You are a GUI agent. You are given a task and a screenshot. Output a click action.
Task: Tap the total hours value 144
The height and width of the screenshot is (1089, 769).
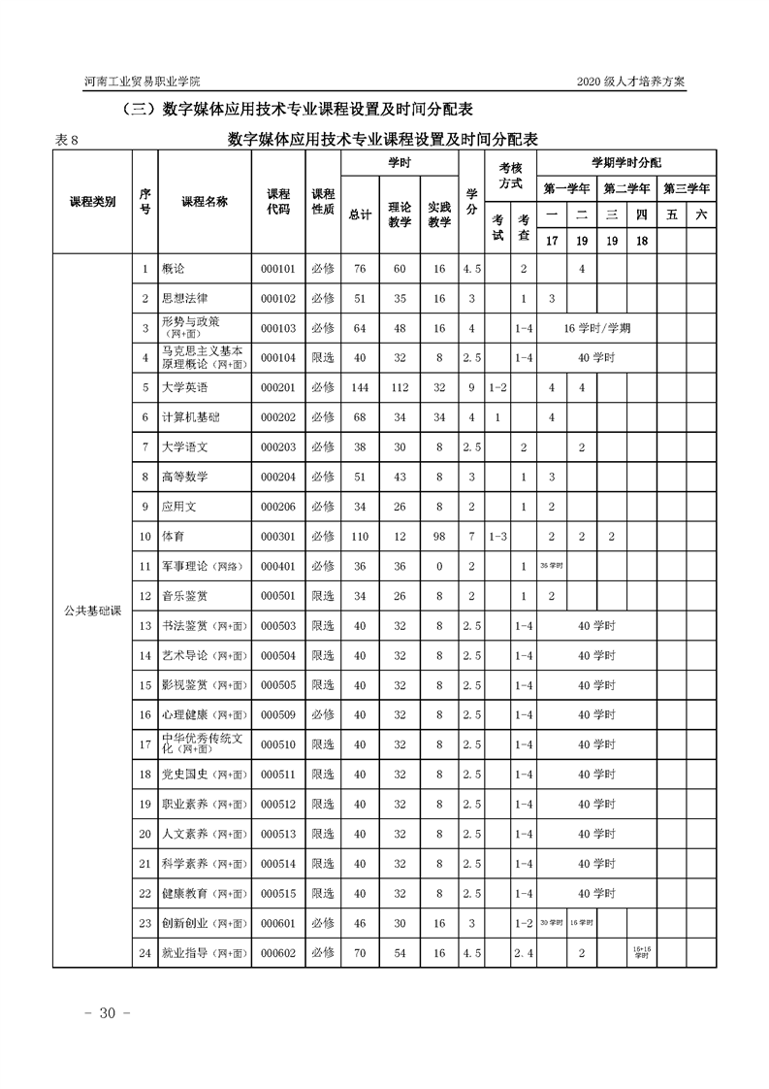tap(360, 387)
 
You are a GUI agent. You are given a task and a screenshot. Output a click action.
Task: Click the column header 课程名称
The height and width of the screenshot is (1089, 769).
tap(205, 202)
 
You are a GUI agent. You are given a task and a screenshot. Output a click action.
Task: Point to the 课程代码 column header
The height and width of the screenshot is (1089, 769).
tap(278, 202)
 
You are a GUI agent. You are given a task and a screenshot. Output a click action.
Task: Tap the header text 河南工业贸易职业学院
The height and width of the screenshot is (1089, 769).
tap(143, 82)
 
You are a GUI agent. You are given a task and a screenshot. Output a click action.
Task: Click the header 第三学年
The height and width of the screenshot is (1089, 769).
tap(687, 188)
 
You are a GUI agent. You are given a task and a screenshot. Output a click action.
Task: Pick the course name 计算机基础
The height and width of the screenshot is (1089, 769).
tap(190, 417)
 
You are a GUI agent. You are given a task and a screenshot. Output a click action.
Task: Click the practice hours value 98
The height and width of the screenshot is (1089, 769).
tap(439, 536)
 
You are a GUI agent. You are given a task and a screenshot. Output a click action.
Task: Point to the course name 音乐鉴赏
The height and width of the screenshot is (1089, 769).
tap(184, 596)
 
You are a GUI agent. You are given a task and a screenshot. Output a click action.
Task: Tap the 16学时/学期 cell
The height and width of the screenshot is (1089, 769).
tap(596, 328)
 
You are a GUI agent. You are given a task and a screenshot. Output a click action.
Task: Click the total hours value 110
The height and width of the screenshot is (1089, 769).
tap(360, 536)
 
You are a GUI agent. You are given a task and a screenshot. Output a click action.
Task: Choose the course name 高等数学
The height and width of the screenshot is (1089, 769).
tap(184, 477)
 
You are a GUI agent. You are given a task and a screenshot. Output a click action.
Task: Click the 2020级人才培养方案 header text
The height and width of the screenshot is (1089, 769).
tap(630, 82)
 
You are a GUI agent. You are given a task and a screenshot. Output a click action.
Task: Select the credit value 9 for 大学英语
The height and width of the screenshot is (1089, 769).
tap(471, 387)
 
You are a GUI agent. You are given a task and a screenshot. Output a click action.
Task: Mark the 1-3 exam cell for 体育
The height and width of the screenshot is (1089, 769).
tap(497, 536)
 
